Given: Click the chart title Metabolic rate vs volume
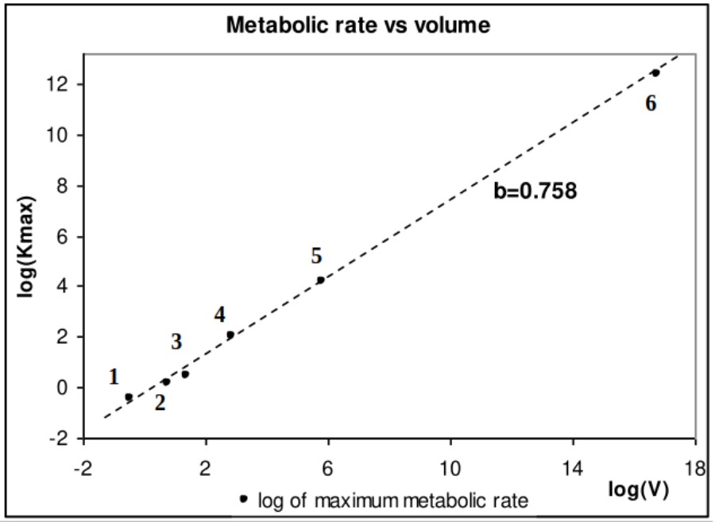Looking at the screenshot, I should [358, 26].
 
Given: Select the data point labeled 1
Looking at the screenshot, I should [129, 396].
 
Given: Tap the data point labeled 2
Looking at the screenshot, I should [166, 381].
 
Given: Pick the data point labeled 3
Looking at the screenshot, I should [185, 373].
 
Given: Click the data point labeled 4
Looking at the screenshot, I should [230, 334].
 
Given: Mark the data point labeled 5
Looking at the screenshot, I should [321, 280].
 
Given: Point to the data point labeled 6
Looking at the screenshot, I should [655, 72].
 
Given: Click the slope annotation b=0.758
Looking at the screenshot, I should [535, 191].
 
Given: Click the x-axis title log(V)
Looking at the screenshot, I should [639, 489].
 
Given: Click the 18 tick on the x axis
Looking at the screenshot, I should [696, 469].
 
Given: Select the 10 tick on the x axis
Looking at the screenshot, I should [450, 469].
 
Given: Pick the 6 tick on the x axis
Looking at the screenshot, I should [328, 469].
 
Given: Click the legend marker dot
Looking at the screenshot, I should [244, 499].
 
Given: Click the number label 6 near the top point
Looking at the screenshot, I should [651, 104].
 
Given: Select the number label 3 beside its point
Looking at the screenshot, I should [176, 342].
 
